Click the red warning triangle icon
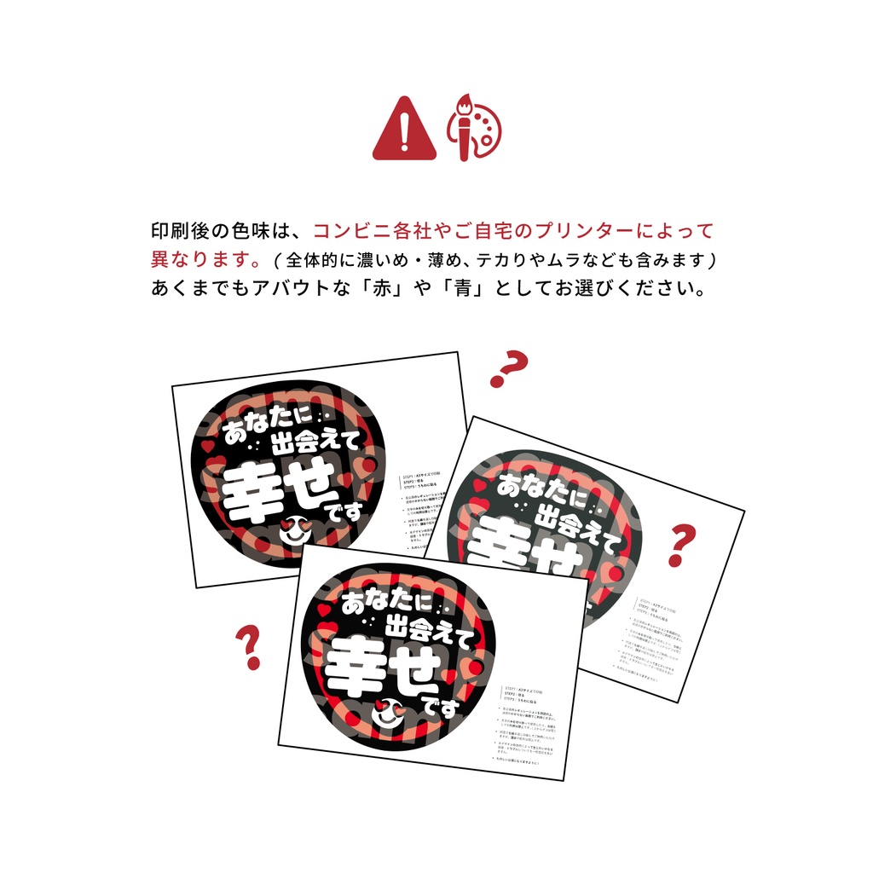pos(404,130)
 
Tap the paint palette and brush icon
pos(475,128)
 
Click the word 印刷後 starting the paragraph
pos(177,230)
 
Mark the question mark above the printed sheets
pos(508,369)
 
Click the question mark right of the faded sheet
pos(681,546)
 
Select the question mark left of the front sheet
pos(248,647)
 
